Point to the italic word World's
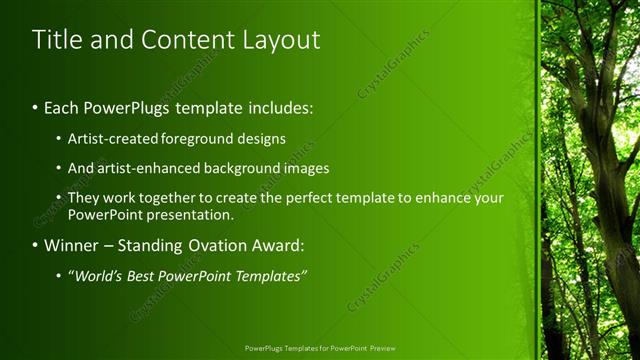click(x=98, y=275)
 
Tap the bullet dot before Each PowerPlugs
click(x=35, y=107)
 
